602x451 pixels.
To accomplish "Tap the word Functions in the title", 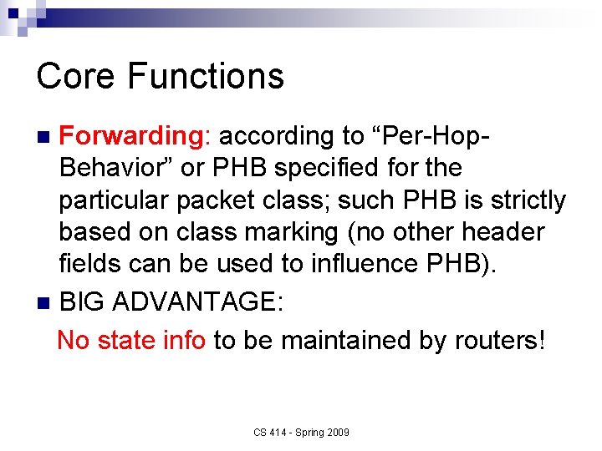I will pos(206,76).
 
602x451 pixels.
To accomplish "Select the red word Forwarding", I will pos(126,135).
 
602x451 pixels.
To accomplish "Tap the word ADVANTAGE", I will pos(193,302).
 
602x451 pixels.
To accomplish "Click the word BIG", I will pos(82,302).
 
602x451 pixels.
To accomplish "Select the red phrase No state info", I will pos(131,340).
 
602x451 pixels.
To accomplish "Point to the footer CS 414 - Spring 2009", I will pos(302,432).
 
